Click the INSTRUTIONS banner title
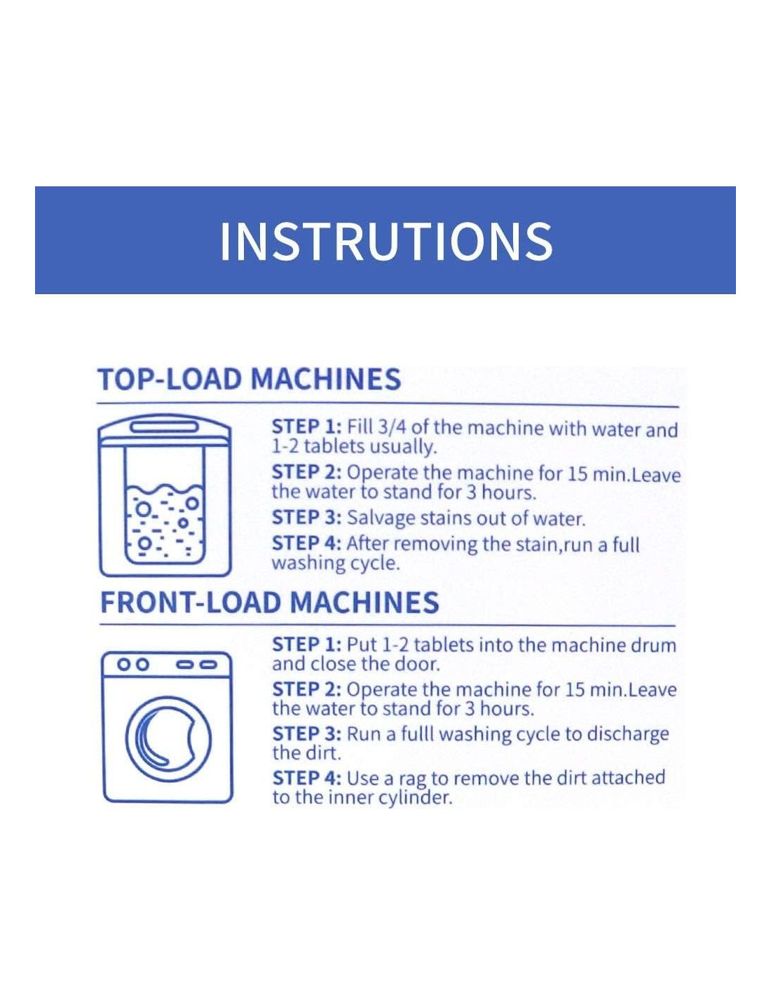tap(386, 241)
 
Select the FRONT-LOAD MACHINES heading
tap(269, 602)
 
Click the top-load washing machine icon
tap(165, 495)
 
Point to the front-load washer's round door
tap(169, 740)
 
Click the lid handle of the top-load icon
tap(165, 427)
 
